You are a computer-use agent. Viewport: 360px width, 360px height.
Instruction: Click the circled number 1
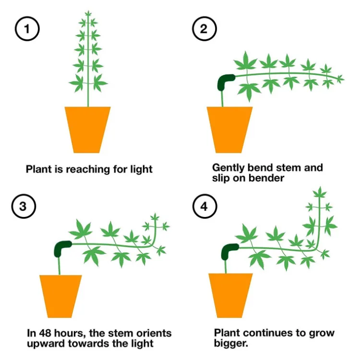pyautogui.click(x=27, y=29)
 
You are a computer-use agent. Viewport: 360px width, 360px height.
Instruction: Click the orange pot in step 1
pyautogui.click(x=88, y=128)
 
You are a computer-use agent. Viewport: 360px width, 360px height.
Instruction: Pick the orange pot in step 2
pyautogui.click(x=229, y=128)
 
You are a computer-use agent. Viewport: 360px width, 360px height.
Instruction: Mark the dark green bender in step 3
pyautogui.click(x=62, y=248)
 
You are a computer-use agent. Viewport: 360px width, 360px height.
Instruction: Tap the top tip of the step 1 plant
pyautogui.click(x=88, y=12)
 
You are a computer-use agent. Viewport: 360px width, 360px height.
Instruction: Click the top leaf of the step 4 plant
pyautogui.click(x=319, y=192)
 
